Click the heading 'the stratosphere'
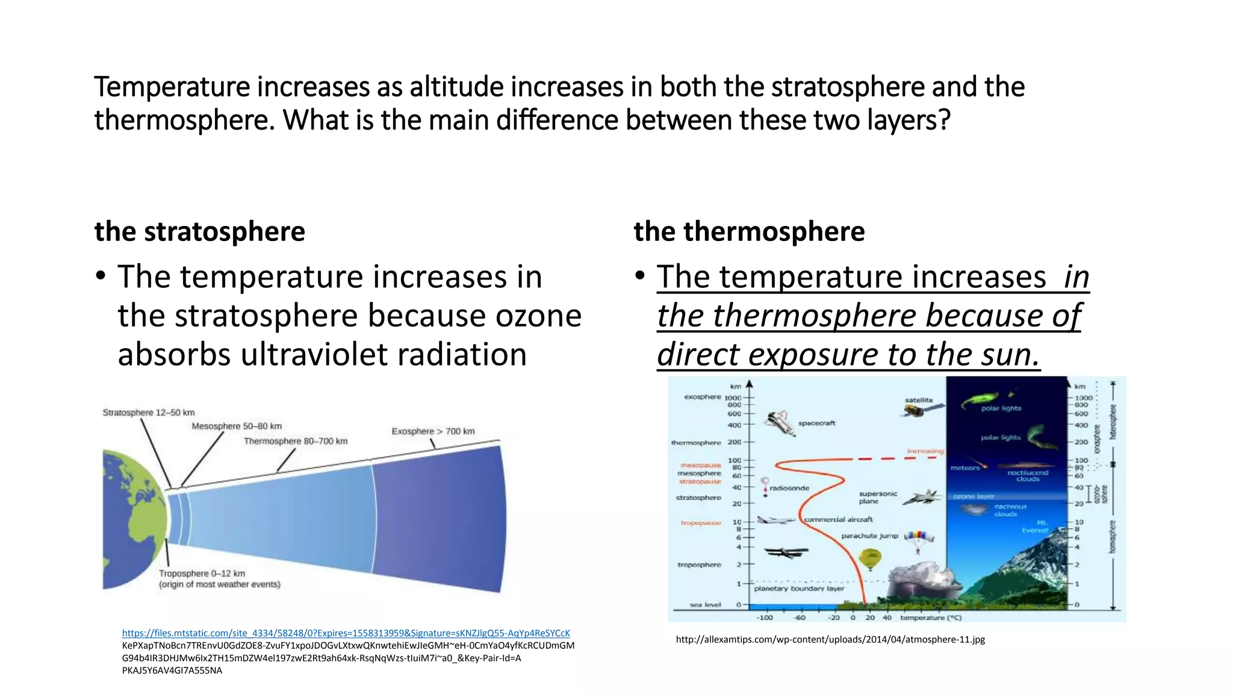tap(199, 231)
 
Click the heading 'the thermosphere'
tap(748, 231)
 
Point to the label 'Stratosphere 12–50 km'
tap(148, 413)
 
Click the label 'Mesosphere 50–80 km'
tap(237, 427)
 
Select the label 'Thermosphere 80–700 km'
tap(296, 441)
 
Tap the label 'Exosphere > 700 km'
tap(433, 431)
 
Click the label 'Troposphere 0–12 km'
tap(202, 574)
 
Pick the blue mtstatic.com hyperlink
tap(346, 633)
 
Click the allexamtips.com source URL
tap(830, 640)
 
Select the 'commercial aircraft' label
tap(838, 519)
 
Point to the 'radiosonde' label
tap(789, 488)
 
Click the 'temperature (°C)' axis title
tap(931, 617)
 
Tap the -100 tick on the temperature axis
tap(764, 617)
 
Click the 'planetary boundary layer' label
tap(799, 589)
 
